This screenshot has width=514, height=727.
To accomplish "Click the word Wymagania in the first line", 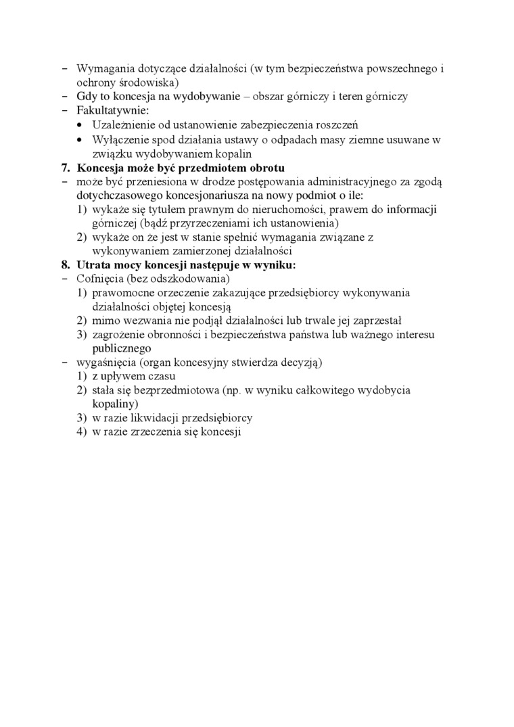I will coord(102,68).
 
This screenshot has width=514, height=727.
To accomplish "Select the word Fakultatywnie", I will coord(108,110).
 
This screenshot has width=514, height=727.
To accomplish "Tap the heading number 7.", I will coord(66,167).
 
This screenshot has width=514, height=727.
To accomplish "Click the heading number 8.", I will coord(66,265).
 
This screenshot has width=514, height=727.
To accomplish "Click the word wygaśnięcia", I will coord(106,362).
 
